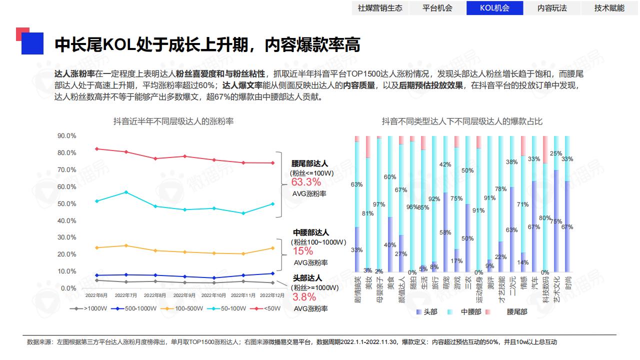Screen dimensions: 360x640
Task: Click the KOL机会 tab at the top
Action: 494,8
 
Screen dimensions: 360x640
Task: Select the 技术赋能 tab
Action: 609,8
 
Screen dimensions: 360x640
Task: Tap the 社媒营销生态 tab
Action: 380,8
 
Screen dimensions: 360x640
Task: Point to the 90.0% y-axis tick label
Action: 66,135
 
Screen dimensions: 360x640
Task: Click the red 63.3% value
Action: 306,182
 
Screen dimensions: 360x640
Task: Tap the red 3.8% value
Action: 304,297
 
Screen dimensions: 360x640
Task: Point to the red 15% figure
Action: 302,251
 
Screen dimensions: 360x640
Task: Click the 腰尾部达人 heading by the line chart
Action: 309,163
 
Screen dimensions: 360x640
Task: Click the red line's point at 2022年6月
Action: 96,148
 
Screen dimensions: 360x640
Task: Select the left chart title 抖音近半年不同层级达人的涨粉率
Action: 173,121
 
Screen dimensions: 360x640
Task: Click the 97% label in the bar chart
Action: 379,204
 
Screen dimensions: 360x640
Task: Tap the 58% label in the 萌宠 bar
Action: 445,232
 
